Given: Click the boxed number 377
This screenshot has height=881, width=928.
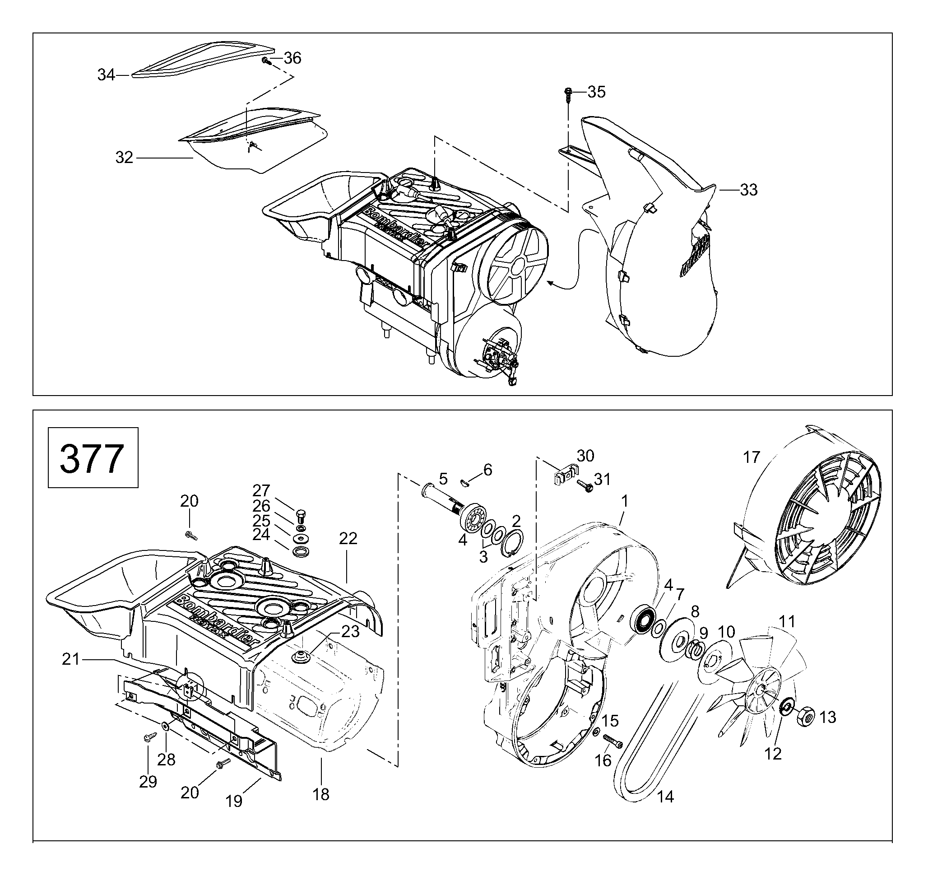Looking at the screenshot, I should click(x=92, y=458).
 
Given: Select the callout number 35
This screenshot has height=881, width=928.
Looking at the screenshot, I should click(x=597, y=92).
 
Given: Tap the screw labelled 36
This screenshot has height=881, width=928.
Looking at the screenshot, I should click(x=266, y=61).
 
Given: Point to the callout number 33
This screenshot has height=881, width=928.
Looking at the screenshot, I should click(x=749, y=190).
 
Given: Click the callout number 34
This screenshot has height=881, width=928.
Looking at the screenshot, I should click(x=106, y=75).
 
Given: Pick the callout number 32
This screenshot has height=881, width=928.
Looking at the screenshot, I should click(x=124, y=158).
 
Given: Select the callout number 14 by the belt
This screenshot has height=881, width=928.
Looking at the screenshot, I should click(x=666, y=797).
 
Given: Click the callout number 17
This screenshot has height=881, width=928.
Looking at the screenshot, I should click(x=752, y=457).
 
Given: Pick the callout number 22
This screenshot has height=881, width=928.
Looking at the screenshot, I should click(x=348, y=539).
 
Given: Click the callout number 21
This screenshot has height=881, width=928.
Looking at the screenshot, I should click(x=71, y=660).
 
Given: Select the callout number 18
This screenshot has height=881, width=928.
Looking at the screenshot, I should click(x=321, y=795).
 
